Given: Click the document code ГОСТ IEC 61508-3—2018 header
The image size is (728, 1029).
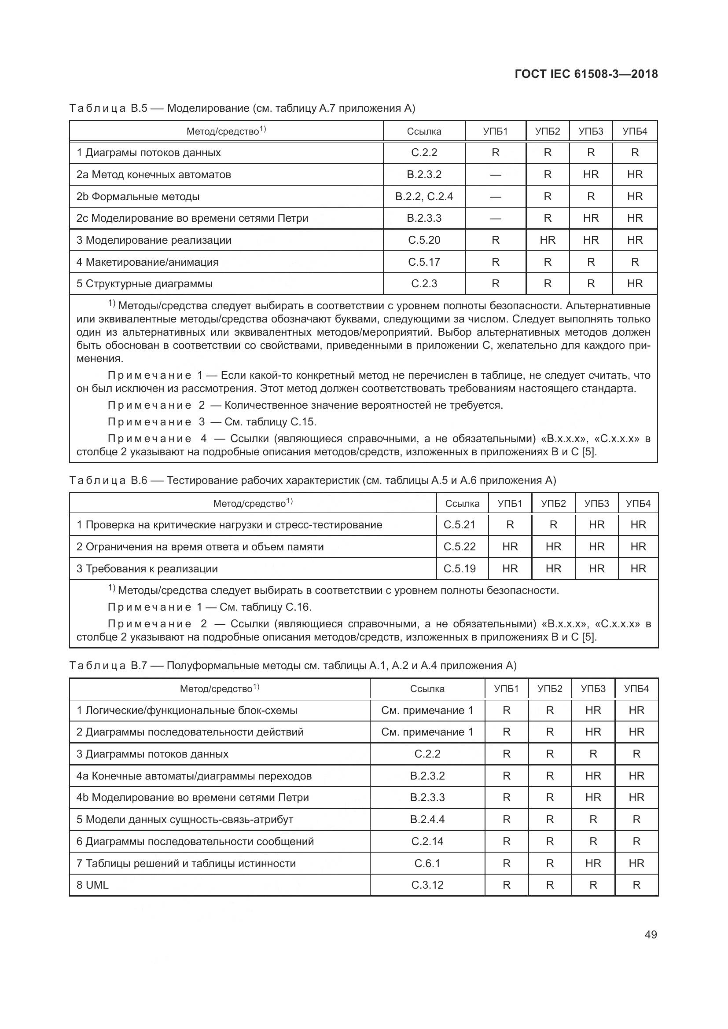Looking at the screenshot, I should [x=586, y=74].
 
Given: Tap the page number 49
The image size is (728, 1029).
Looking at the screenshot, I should [x=651, y=934].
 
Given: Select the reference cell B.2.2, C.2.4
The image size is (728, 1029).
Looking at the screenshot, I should [x=423, y=196].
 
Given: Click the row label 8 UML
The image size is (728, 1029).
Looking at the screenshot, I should [x=92, y=885].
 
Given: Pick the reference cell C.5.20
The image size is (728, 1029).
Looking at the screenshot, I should [x=423, y=240].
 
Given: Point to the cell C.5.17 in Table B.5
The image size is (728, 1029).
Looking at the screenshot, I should [x=423, y=262].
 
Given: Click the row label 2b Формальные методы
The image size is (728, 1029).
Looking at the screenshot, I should [x=138, y=196].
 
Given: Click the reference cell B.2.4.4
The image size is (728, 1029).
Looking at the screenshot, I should [x=427, y=819].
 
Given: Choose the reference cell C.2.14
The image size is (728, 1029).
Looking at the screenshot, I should [x=427, y=841].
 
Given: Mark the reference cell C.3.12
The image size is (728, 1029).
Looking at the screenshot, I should [x=427, y=885].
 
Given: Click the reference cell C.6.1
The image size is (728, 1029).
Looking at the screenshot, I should [x=427, y=863].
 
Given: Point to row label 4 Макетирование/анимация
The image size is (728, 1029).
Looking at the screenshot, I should [x=147, y=262].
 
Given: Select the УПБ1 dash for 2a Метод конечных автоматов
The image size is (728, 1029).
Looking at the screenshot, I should [x=495, y=175].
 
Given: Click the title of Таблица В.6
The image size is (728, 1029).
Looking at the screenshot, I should [x=313, y=480].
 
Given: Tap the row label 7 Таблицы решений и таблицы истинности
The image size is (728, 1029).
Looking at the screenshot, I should [x=186, y=863].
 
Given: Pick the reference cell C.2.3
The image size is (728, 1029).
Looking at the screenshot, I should [x=423, y=283].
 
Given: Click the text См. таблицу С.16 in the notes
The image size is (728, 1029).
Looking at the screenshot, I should [x=265, y=607].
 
